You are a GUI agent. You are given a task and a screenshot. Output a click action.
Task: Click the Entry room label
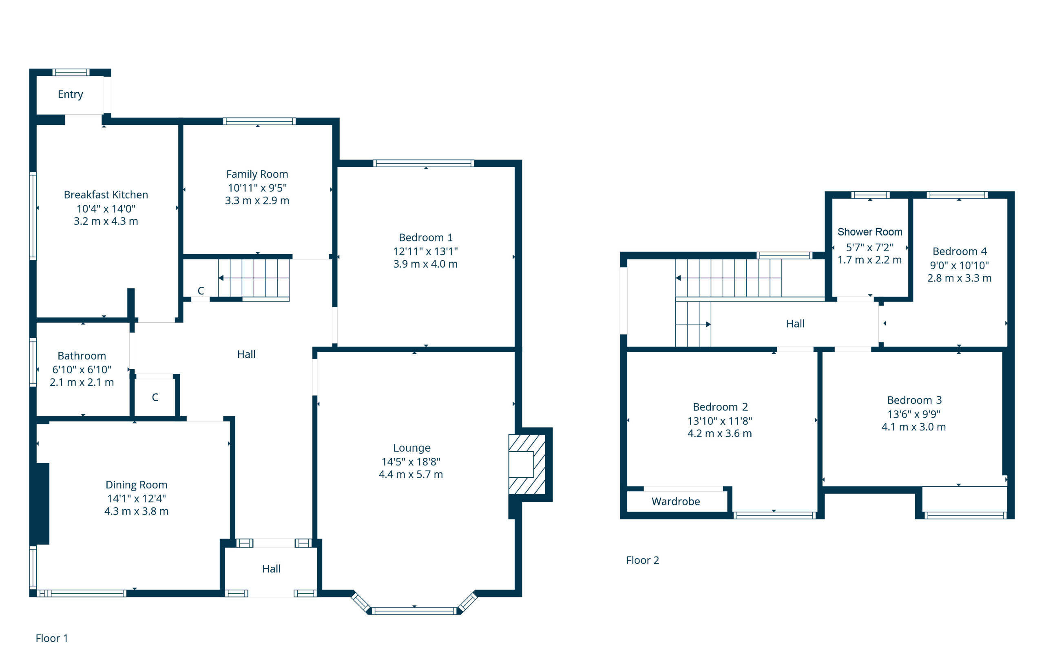pos(70,94)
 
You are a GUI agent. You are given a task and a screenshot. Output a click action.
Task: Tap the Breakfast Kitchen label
pos(106,195)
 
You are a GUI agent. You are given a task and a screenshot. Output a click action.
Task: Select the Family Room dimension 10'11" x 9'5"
pos(257,188)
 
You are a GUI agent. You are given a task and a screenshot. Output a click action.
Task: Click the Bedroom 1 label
pos(426,237)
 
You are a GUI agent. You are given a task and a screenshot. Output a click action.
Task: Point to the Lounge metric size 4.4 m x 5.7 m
pos(411,475)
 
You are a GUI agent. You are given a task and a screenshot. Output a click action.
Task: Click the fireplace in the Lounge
pos(527,464)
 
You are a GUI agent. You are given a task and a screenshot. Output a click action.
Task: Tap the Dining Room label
pos(137,485)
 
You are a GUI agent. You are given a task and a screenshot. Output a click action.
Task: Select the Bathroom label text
pos(82,356)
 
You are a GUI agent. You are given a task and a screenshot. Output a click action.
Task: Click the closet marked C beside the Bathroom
pos(155,397)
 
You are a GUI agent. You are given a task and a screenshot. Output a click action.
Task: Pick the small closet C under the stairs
pos(201,291)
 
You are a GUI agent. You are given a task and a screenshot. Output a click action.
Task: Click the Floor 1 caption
pos(52,639)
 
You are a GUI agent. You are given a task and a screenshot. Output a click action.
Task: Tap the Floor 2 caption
pos(643,560)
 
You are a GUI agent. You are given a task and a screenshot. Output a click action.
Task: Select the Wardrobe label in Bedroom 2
pos(676,501)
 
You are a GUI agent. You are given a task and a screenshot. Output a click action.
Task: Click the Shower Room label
pos(870,232)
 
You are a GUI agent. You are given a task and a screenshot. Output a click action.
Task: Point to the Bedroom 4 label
pos(960,251)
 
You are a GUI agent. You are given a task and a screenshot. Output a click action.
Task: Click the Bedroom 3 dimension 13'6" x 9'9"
pos(914,414)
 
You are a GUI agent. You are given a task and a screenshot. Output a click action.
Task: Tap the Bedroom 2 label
pos(721,407)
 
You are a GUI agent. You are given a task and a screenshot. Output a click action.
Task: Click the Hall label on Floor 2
pos(795,324)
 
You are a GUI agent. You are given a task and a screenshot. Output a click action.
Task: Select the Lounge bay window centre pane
pos(414,611)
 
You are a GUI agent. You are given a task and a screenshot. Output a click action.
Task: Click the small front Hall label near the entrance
pos(271,569)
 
